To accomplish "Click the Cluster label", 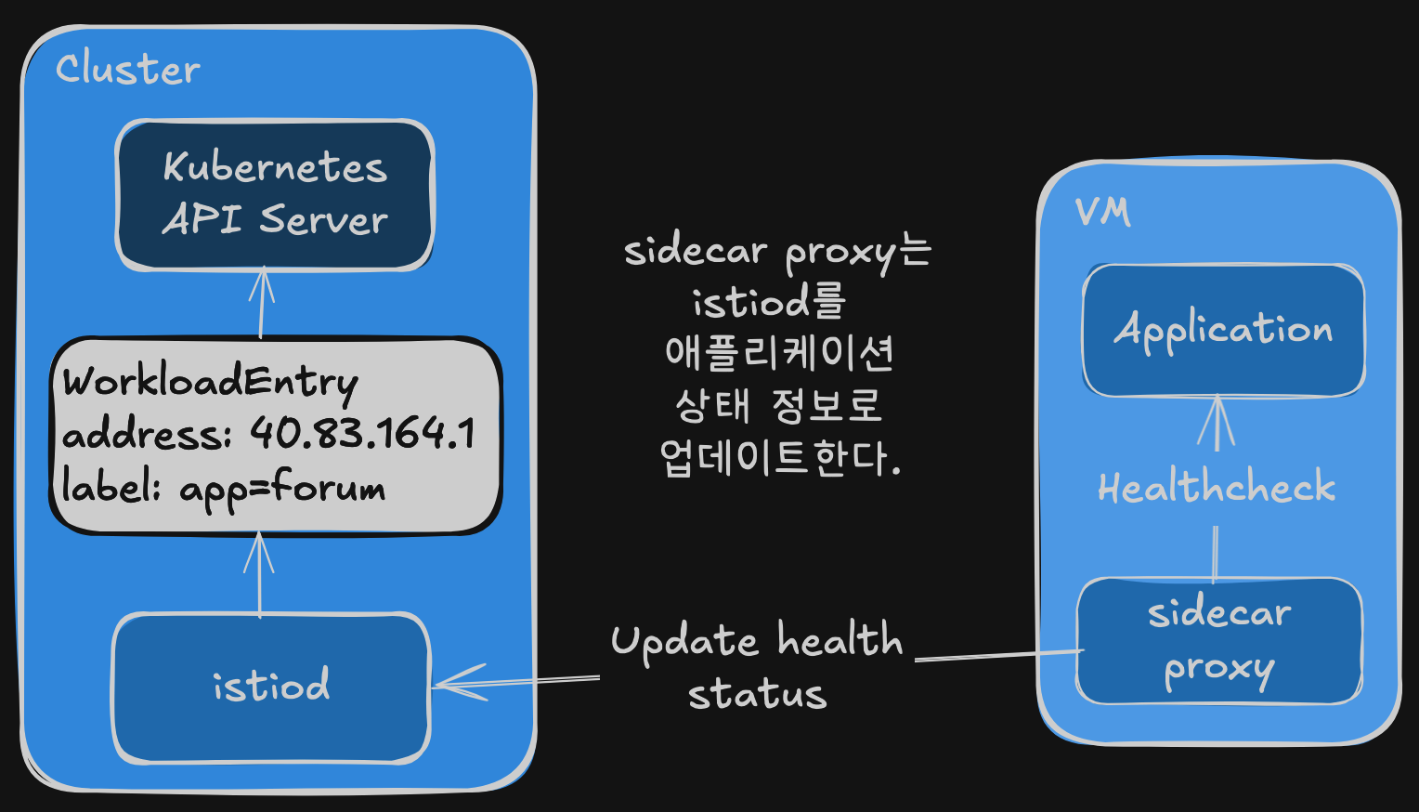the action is (x=128, y=69).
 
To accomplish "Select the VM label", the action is (x=1103, y=212).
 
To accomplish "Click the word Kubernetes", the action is (x=275, y=167).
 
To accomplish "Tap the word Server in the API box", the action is (x=324, y=219).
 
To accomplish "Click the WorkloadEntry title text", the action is (x=210, y=382).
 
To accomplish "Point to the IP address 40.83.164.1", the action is (x=362, y=433).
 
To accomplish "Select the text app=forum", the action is (x=282, y=489).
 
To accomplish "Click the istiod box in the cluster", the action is (x=271, y=688).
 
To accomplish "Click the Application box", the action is (x=1223, y=330).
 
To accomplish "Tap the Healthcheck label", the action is (x=1217, y=487).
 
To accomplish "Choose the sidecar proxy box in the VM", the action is (x=1219, y=640).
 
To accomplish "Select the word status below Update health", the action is (x=758, y=693).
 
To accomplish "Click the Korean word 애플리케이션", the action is (x=779, y=352).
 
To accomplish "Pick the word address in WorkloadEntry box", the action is (x=147, y=434).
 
